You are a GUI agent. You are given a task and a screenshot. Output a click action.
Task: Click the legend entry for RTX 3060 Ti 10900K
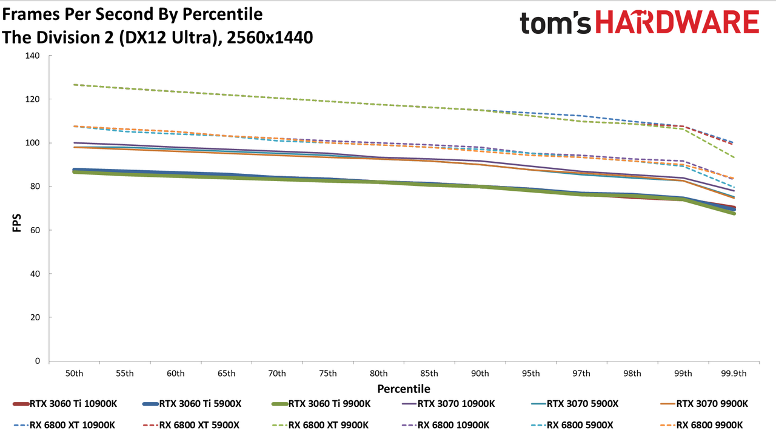65,404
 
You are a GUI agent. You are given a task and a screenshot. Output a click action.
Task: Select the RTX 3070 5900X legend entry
574,404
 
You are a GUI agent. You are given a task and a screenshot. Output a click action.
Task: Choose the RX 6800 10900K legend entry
446,425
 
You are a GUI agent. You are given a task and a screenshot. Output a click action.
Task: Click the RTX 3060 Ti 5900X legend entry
192,404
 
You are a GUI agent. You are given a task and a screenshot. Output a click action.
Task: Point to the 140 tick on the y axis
32,56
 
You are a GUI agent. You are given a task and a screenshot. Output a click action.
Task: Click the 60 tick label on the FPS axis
35,230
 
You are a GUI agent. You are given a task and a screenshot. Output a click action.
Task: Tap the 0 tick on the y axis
38,361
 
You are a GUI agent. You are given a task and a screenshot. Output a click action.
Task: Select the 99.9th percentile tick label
734,374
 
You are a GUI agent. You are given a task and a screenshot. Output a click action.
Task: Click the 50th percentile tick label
74,374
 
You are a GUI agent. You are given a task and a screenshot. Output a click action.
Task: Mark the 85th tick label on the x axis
429,374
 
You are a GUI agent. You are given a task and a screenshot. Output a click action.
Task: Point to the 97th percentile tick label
581,374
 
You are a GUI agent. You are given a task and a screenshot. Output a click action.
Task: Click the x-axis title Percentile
404,389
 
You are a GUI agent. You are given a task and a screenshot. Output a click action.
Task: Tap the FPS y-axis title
16,223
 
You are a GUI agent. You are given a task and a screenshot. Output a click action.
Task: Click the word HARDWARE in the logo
677,22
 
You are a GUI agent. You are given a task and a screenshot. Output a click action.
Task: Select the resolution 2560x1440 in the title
270,38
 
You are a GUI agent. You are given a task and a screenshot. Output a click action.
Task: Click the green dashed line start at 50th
74,84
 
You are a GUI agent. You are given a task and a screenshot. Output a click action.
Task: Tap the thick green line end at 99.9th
734,214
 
